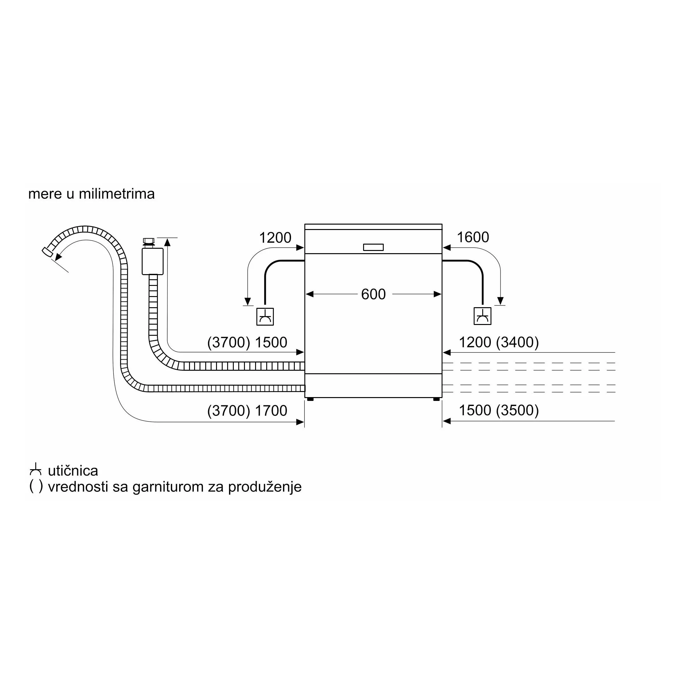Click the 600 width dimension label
pyautogui.click(x=373, y=294)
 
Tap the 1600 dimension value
pyautogui.click(x=473, y=237)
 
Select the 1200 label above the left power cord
pyautogui.click(x=275, y=238)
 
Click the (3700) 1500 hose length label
pyautogui.click(x=247, y=342)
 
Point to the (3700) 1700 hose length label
pyautogui.click(x=247, y=410)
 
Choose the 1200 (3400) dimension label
pyautogui.click(x=499, y=342)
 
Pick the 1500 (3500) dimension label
pyautogui.click(x=499, y=410)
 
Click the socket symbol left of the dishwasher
pyautogui.click(x=265, y=316)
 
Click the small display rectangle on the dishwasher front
pyautogui.click(x=373, y=247)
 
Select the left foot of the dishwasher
pyautogui.click(x=310, y=399)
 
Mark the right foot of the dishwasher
pyautogui.click(x=436, y=399)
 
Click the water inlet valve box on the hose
pyautogui.click(x=152, y=261)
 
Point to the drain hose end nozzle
pyautogui.click(x=47, y=251)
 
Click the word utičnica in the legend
pyautogui.click(x=73, y=471)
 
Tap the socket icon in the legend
pyautogui.click(x=35, y=469)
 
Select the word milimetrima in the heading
pyautogui.click(x=117, y=194)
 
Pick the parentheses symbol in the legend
pyautogui.click(x=36, y=486)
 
